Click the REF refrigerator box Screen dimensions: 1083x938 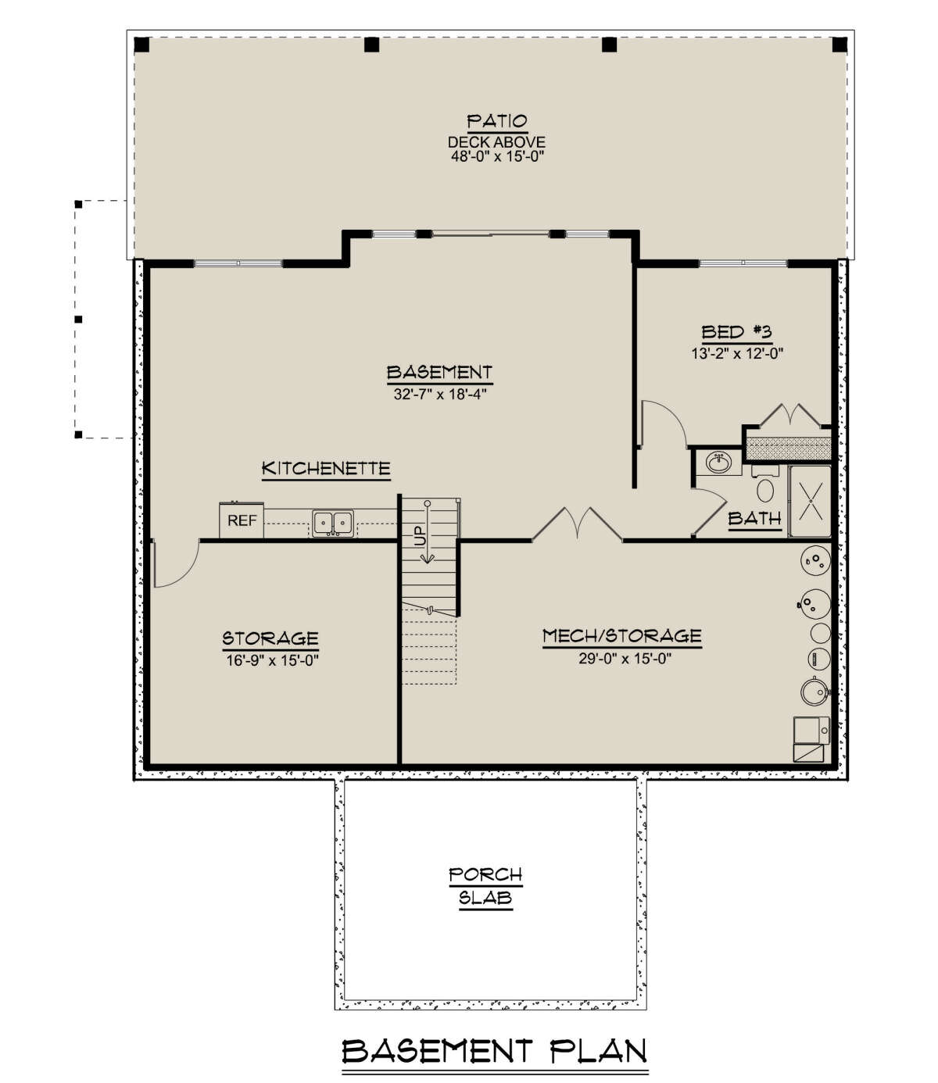pyautogui.click(x=242, y=520)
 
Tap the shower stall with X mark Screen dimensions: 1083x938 pyautogui.click(x=810, y=501)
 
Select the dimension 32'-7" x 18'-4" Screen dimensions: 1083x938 pyautogui.click(x=439, y=394)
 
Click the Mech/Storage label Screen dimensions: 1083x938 pyautogui.click(x=621, y=636)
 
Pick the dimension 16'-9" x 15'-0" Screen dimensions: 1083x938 pyautogui.click(x=270, y=659)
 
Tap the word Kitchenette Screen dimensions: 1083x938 pyautogui.click(x=325, y=469)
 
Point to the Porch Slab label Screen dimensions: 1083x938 pyautogui.click(x=485, y=886)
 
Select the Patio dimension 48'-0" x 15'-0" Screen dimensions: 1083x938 pyautogui.click(x=496, y=155)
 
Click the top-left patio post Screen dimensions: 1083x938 pyautogui.click(x=141, y=45)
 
